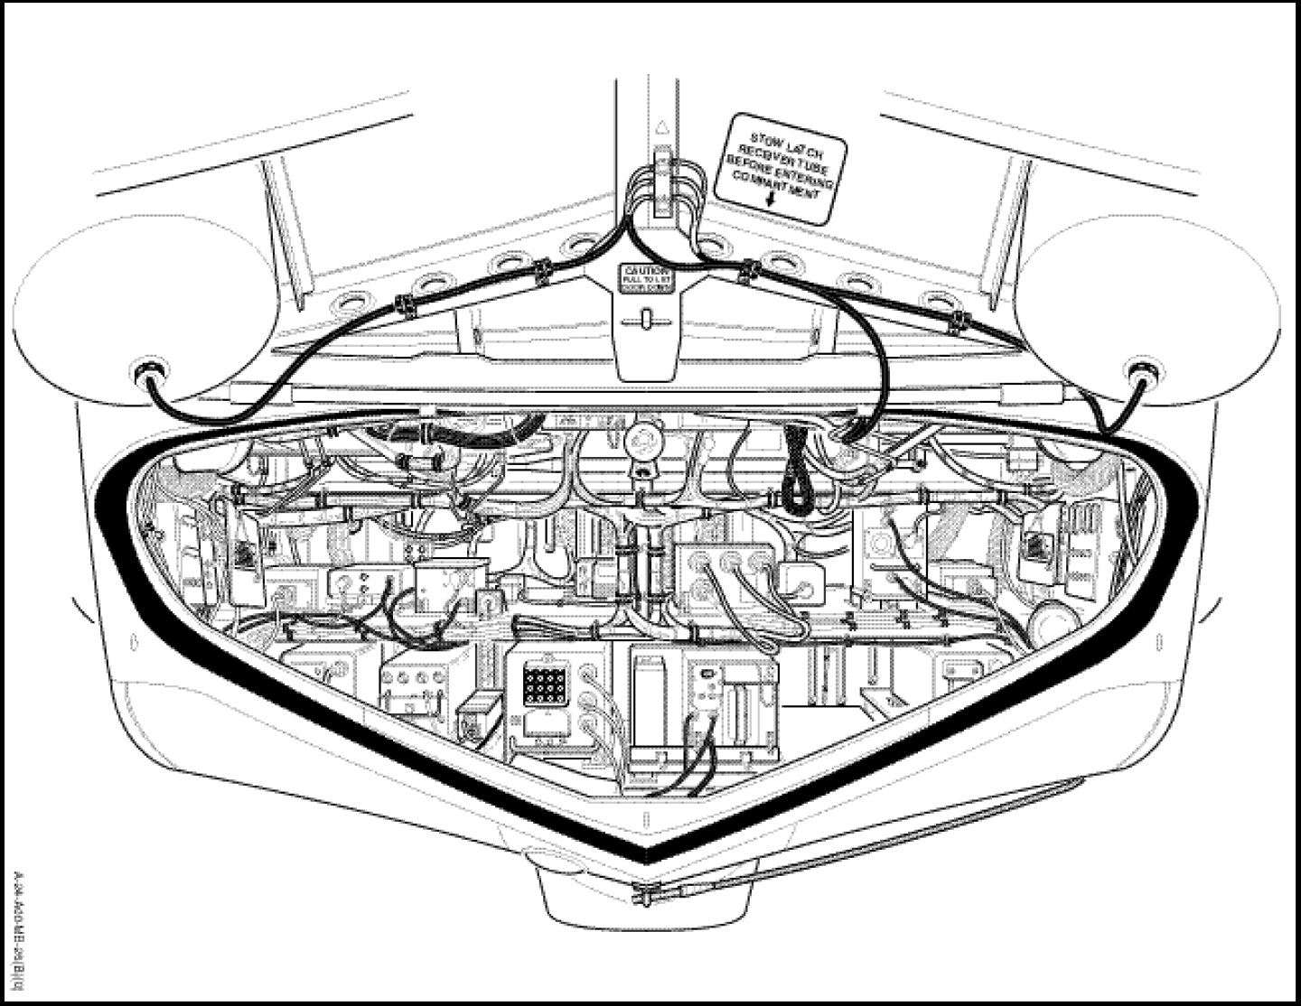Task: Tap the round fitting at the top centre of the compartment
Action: [x=641, y=438]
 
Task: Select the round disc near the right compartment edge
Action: [x=1051, y=622]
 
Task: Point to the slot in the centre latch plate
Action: [x=645, y=319]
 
